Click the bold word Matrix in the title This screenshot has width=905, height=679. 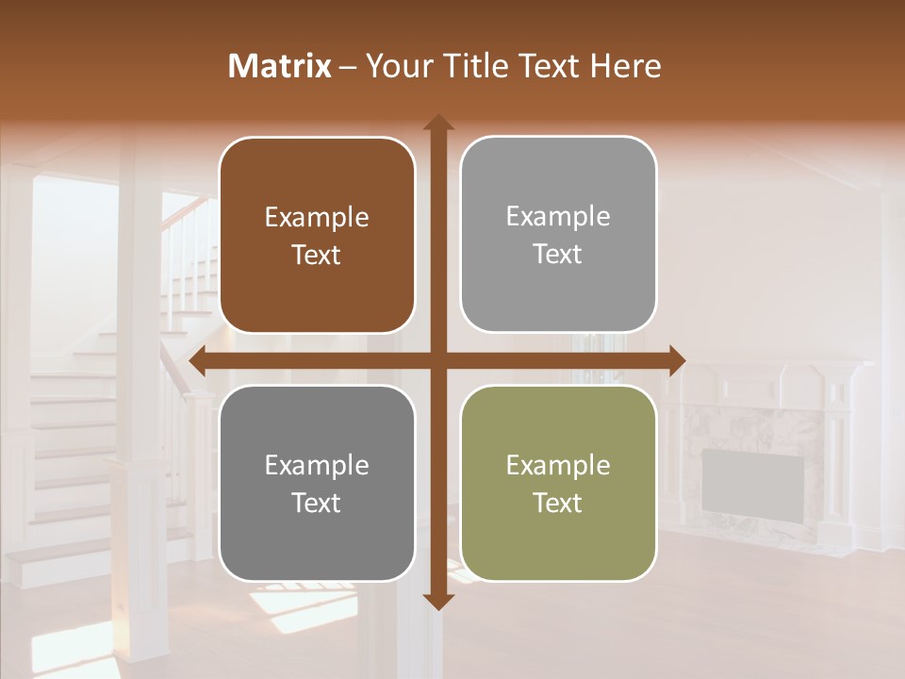[x=280, y=66]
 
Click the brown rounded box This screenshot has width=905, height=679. [x=317, y=236]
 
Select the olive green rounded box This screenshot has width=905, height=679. [x=558, y=484]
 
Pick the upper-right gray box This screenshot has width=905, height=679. [x=558, y=235]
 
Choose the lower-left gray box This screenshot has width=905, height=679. [x=317, y=484]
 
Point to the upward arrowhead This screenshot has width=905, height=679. [x=437, y=124]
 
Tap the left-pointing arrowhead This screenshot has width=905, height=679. [x=199, y=360]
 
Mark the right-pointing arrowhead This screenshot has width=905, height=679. [x=676, y=360]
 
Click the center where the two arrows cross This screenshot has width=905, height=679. [x=437, y=360]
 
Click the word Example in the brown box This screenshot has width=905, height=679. [x=317, y=218]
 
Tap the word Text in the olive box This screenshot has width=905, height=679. [x=558, y=503]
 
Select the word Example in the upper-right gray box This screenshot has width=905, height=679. [x=558, y=217]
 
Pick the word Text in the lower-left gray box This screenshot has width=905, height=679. [x=317, y=503]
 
